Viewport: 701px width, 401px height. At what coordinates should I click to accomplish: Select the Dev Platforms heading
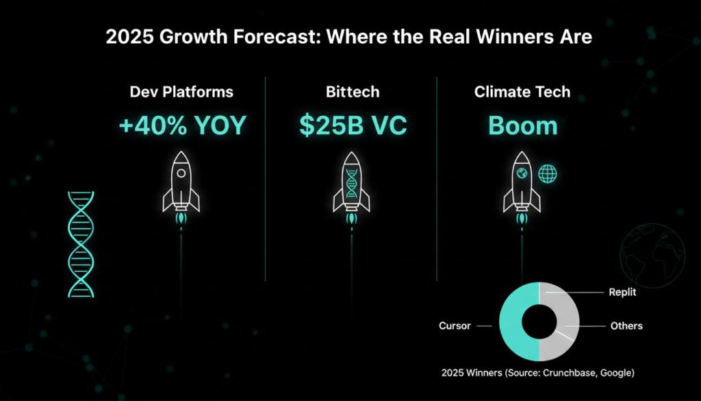coord(181,92)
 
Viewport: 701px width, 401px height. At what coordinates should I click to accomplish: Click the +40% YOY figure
coord(182,125)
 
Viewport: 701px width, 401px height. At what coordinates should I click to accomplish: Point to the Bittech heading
coord(353,92)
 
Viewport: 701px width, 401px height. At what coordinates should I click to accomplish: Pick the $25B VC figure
coord(353,125)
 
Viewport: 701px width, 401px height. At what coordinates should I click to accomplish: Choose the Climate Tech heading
coord(522,92)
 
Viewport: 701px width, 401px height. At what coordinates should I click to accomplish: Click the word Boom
coord(522,125)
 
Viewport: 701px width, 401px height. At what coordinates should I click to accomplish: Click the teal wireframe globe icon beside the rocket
coord(548,173)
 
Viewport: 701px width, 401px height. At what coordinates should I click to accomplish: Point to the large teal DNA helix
coord(81,244)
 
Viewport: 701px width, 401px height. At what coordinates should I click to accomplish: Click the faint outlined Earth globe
coord(652,256)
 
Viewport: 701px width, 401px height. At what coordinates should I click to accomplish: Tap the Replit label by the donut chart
coord(622,292)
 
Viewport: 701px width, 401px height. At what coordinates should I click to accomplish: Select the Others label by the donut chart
coord(627,326)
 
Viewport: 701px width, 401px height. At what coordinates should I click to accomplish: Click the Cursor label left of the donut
coord(455,326)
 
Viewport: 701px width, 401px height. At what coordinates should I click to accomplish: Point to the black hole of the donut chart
coord(539,321)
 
